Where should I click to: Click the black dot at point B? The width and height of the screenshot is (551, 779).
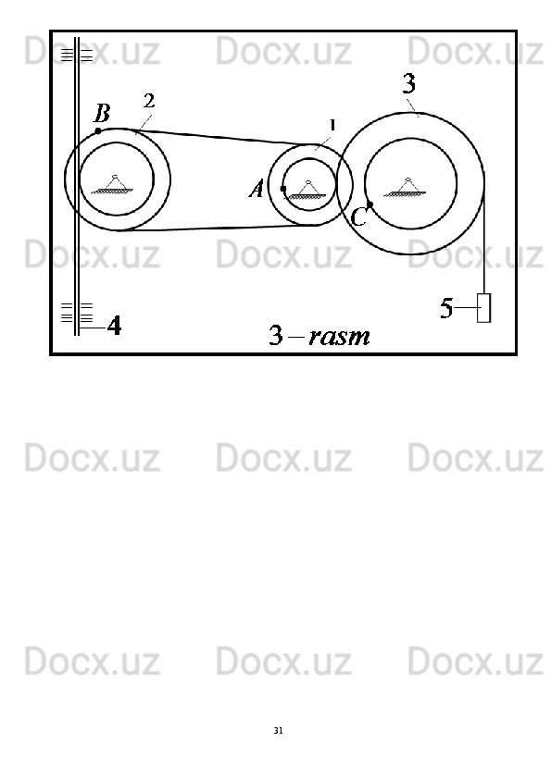tap(98, 131)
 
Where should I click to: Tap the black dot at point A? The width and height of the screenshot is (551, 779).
tap(283, 189)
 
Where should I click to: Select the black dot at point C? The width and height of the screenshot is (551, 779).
tap(369, 204)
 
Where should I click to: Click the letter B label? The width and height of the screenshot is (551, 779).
tap(102, 113)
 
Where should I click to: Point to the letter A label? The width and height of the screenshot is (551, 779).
tap(257, 190)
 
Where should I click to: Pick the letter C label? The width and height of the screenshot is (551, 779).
tap(358, 217)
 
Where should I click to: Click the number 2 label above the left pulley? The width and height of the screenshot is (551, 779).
tap(149, 101)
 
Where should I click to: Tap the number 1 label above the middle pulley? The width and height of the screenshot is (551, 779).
tap(332, 125)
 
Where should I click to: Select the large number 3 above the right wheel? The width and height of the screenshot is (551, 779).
tap(408, 83)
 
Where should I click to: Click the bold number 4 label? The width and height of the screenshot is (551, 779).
tap(115, 326)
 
